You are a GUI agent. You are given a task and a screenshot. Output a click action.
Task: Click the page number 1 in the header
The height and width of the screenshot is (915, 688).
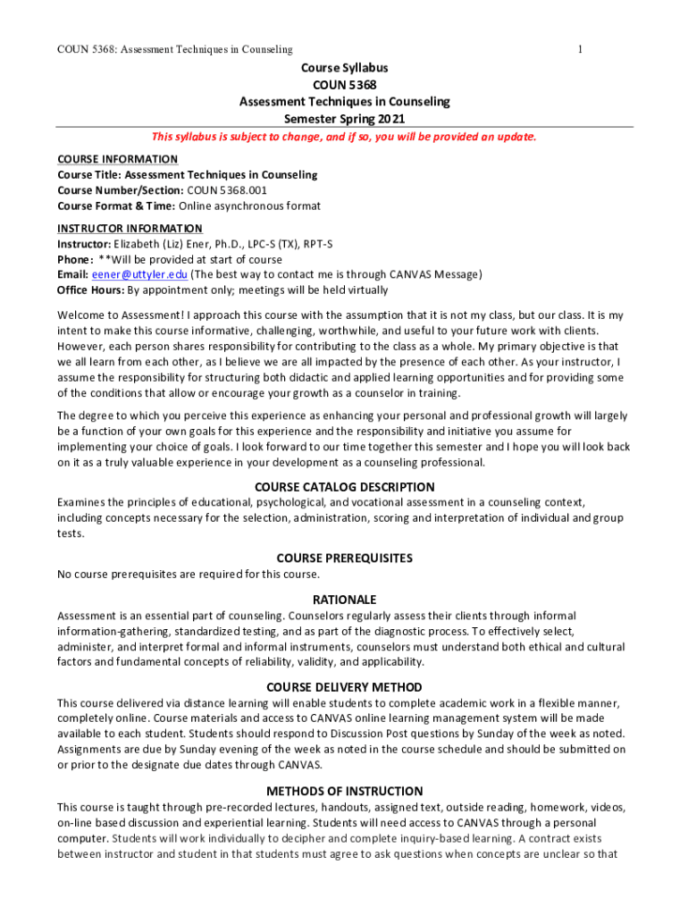(581, 48)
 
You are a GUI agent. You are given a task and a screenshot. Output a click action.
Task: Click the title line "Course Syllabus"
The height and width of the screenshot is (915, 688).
(344, 68)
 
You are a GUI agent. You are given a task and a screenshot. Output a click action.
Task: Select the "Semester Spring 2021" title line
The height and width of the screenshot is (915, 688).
(344, 118)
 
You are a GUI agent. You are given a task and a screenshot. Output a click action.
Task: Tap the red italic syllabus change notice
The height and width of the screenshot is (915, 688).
(344, 137)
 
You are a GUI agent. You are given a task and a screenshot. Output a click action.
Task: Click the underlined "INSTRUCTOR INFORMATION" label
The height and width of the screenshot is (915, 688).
(130, 228)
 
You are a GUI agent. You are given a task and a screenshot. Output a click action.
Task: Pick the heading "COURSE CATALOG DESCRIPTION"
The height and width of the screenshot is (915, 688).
(345, 487)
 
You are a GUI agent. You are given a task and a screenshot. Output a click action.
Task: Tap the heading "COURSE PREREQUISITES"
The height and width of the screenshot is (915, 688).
(345, 558)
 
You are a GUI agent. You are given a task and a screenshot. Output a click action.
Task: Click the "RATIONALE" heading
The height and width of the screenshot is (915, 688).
(345, 600)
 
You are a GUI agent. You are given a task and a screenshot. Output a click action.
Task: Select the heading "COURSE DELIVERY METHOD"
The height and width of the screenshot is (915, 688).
(345, 687)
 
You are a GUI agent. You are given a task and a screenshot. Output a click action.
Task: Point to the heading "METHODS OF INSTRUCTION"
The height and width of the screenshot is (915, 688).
(345, 791)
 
